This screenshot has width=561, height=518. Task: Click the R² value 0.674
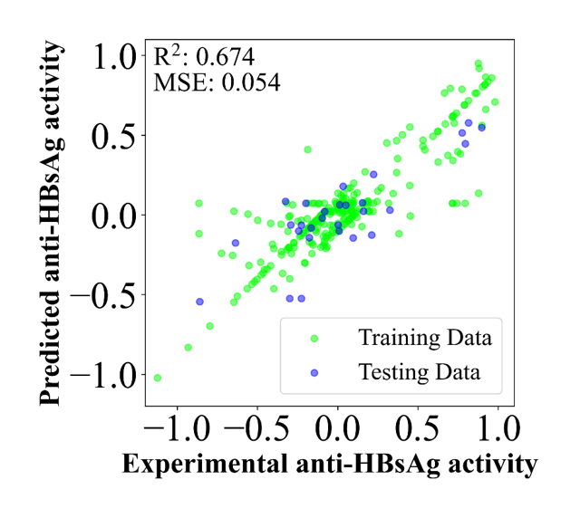click(x=226, y=57)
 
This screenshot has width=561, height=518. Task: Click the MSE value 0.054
click(x=251, y=83)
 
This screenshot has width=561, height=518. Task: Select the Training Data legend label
click(x=425, y=338)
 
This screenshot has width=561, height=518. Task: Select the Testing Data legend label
click(x=420, y=372)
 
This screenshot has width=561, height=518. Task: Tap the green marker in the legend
click(x=314, y=339)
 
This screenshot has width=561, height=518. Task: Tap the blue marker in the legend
click(x=314, y=373)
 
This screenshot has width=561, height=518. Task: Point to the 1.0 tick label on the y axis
click(x=114, y=56)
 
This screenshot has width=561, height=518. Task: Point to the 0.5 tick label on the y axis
click(x=114, y=136)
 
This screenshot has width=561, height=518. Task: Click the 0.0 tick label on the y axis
click(x=114, y=216)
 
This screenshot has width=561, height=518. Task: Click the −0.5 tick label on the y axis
click(x=103, y=295)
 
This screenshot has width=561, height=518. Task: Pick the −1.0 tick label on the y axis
click(x=103, y=375)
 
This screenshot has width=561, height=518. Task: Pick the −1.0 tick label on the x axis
click(x=177, y=428)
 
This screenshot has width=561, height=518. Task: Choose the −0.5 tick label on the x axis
click(x=256, y=428)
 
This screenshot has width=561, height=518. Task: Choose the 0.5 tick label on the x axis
click(x=418, y=428)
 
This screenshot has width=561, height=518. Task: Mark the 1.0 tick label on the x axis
click(x=498, y=428)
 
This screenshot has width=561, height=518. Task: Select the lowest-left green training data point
click(x=158, y=378)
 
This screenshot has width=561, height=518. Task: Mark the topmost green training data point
click(x=478, y=63)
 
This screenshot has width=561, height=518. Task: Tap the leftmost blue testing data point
click(x=199, y=302)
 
